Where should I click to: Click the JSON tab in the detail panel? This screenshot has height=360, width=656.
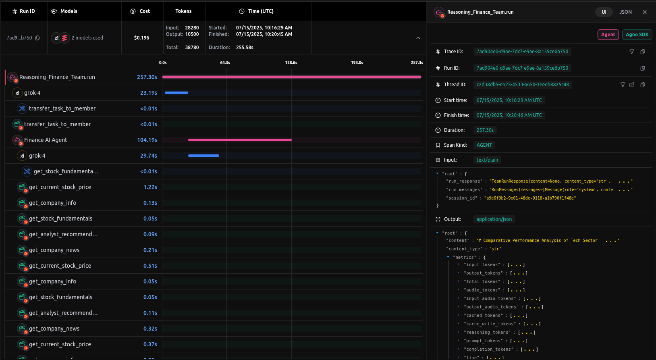click(x=625, y=12)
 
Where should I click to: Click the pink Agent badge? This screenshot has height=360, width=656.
click(x=608, y=35)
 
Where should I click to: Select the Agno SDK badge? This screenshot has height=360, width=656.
click(x=637, y=35)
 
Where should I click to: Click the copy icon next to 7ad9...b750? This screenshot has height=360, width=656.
click(x=37, y=38)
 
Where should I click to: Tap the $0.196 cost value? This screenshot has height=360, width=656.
click(x=141, y=38)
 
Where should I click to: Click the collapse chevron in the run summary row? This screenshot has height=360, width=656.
click(x=418, y=38)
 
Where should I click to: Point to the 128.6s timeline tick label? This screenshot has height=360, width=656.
click(x=291, y=62)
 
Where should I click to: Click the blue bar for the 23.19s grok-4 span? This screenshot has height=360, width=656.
click(x=176, y=93)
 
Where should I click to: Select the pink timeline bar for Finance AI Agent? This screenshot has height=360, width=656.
click(x=240, y=140)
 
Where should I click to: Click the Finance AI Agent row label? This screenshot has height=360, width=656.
click(x=46, y=140)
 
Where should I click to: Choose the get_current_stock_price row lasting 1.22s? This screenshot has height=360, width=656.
click(x=60, y=187)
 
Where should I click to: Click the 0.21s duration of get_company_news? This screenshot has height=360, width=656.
click(x=150, y=250)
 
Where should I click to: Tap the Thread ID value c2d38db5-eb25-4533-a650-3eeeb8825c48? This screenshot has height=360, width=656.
click(x=523, y=85)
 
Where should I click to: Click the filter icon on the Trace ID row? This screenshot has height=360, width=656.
click(x=631, y=52)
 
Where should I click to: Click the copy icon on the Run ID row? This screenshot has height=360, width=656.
click(x=642, y=68)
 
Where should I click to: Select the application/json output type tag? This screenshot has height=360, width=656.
click(x=494, y=219)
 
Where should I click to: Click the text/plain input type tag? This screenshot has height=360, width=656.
click(x=487, y=160)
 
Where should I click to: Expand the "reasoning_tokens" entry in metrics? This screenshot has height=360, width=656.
click(x=459, y=333)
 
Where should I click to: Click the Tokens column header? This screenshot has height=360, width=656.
click(x=183, y=11)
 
